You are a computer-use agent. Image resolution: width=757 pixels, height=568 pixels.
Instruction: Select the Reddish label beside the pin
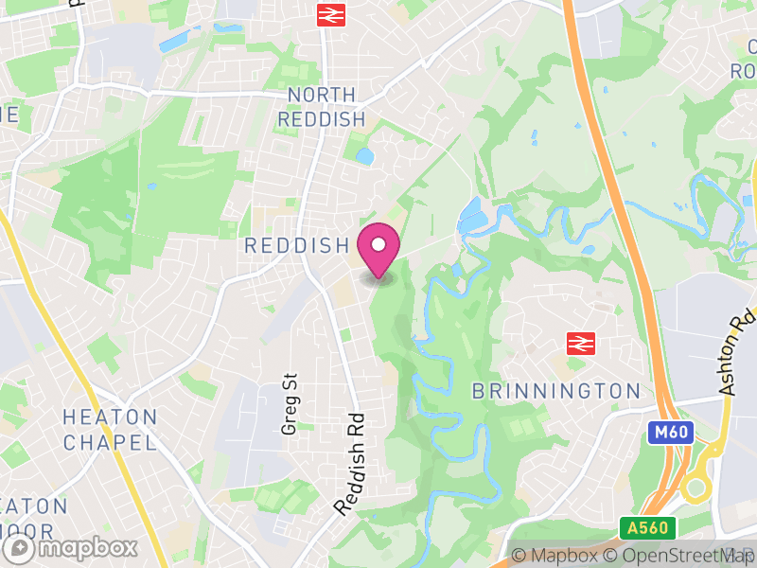297,246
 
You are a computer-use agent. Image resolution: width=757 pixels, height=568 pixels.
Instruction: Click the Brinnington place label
556,391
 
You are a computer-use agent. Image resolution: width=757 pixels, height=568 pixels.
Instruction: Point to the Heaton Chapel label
110,429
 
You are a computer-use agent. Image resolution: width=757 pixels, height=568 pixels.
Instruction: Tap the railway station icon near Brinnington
578,344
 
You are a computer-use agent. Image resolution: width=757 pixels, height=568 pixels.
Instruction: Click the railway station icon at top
329,14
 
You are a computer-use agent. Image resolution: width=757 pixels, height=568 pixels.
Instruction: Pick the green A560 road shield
641,527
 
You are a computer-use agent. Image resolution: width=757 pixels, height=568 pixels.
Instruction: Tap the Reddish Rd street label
349,464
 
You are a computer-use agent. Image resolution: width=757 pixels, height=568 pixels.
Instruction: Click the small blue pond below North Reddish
364,155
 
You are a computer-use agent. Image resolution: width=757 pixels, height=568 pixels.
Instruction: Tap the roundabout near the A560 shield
697,488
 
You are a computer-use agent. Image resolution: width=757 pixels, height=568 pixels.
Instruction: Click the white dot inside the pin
378,244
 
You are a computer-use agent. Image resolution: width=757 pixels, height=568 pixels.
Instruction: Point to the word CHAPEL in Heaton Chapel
110,441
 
